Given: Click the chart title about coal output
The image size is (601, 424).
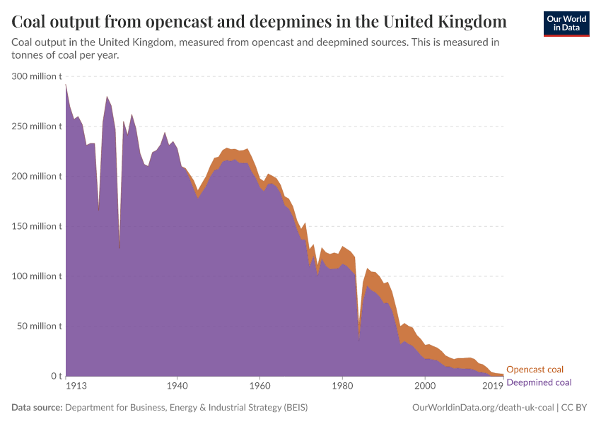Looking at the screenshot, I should point(259,21).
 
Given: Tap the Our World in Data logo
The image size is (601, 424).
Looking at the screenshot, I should point(566,23).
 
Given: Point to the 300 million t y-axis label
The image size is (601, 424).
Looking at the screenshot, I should point(37,76).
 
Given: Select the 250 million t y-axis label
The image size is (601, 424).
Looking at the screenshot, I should point(37,126).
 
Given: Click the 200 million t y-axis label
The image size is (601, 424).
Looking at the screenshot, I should point(37,176).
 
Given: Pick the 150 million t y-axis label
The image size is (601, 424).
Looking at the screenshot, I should point(37,226).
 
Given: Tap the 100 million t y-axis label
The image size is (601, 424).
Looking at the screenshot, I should point(37,276).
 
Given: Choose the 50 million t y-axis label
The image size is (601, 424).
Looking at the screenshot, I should point(39,326).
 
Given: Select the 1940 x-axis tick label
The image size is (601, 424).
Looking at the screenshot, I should point(177,386).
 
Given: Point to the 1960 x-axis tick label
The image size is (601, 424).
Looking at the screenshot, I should point(259,386).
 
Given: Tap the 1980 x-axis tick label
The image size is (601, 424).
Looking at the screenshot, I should point(342,386).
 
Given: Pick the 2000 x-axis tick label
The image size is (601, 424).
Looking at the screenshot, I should point(425,386).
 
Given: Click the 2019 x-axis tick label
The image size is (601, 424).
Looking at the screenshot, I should point(493,386).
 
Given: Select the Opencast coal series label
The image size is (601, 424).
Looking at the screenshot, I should point(535,370).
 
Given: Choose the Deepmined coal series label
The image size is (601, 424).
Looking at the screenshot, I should point(539,382).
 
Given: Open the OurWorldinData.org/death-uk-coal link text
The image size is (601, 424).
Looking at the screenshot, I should point(483,408).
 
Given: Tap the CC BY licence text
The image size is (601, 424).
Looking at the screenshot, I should point(576,408).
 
